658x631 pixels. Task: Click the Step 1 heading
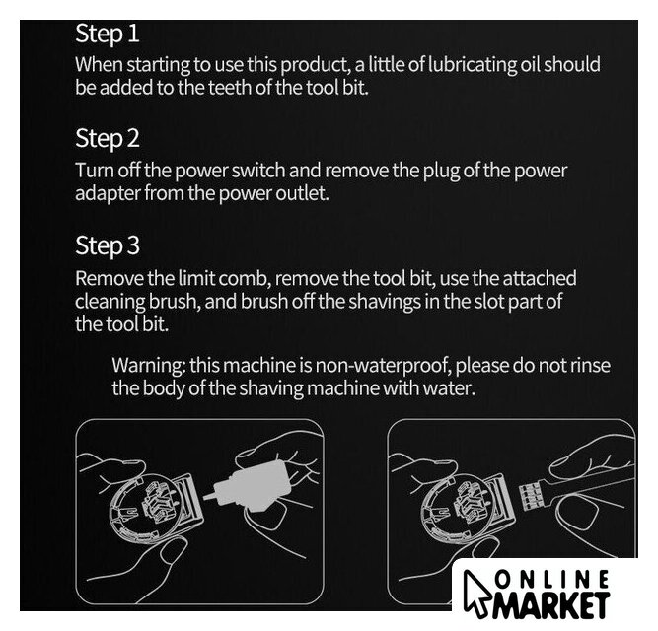click(107, 34)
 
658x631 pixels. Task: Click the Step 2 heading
click(107, 139)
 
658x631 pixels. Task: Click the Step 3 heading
click(107, 245)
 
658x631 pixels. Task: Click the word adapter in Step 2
click(108, 194)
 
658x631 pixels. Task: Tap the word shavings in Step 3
click(385, 302)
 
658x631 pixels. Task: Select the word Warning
click(149, 366)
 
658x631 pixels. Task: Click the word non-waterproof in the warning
click(383, 366)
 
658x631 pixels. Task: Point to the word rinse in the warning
click(590, 365)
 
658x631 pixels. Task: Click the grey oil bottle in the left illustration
click(256, 486)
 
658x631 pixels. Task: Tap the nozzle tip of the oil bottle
click(205, 497)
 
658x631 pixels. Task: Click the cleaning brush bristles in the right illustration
click(530, 497)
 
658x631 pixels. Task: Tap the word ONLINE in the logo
click(552, 581)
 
